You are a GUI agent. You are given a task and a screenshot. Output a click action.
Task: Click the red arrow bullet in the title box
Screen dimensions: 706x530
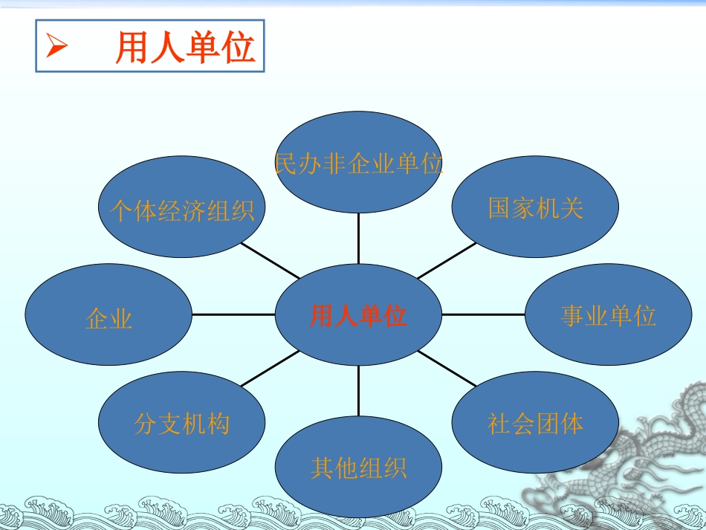click(56, 45)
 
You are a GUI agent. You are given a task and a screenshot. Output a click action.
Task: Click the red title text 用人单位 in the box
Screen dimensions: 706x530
click(185, 48)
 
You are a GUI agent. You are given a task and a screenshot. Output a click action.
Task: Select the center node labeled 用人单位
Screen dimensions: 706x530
click(358, 314)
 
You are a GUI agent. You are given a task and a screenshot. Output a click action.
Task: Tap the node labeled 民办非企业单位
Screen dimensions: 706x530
click(358, 162)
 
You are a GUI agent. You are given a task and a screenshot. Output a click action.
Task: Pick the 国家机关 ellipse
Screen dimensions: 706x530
click(535, 207)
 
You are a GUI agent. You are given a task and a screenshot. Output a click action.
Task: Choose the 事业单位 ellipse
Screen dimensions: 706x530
click(609, 314)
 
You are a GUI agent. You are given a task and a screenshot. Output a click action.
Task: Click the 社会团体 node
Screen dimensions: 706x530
click(535, 422)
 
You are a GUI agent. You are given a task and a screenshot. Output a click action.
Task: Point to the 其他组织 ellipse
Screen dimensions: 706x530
click(358, 467)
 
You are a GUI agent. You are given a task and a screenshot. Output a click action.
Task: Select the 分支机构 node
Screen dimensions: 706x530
click(181, 422)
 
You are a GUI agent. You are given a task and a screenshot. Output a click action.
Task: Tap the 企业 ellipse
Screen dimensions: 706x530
click(109, 314)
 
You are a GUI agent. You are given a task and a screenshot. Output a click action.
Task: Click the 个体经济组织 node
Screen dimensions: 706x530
click(181, 207)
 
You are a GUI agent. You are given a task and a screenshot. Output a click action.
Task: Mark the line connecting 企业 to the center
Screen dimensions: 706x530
click(233, 314)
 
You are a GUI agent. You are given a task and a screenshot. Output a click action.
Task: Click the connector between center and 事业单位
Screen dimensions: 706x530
click(484, 314)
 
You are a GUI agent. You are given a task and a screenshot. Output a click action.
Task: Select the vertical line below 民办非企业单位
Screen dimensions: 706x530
click(358, 238)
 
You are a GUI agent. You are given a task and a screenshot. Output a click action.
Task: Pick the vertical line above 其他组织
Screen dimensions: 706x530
click(358, 391)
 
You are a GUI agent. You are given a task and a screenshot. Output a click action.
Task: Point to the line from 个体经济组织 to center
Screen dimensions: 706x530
click(271, 261)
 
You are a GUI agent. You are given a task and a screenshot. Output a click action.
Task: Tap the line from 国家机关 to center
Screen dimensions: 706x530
click(447, 261)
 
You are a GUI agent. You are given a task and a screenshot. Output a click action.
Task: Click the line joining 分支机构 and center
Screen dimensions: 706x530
click(271, 369)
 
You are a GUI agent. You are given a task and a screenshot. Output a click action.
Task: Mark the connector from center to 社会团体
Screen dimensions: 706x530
click(447, 369)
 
